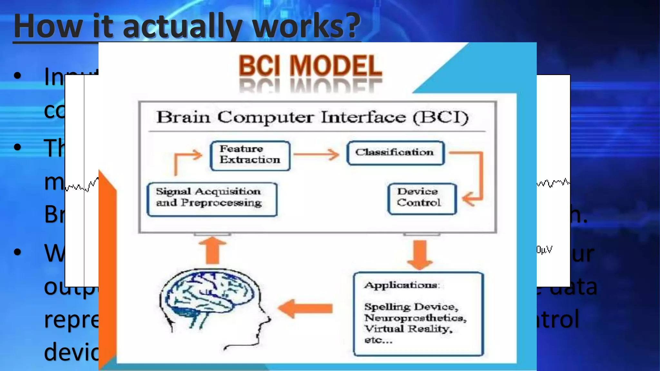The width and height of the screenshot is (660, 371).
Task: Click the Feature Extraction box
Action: coord(250,155)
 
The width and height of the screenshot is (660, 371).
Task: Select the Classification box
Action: coord(395,153)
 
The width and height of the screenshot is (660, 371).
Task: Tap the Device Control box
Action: coord(422,198)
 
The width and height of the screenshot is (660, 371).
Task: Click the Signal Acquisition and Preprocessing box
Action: coord(212,199)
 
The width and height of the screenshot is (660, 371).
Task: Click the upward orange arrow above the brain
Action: coord(213,250)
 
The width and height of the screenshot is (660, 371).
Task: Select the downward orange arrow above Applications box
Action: coord(420,255)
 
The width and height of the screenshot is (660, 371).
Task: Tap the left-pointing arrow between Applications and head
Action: coord(305,309)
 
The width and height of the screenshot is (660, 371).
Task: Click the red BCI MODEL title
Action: coord(310,66)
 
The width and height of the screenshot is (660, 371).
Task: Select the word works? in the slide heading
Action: coord(306,26)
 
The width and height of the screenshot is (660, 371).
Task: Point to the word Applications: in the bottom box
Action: coord(402,285)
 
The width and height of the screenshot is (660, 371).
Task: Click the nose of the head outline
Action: coord(268,319)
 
